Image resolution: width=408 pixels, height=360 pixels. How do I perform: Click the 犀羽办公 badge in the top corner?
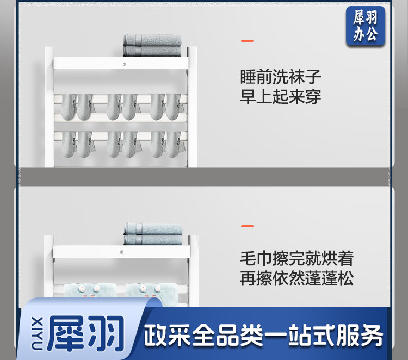366,26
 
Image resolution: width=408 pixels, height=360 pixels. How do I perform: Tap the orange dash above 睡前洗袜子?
247,41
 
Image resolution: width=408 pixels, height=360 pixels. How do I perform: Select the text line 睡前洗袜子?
280,77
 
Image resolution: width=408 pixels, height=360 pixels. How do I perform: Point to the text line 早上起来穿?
280,96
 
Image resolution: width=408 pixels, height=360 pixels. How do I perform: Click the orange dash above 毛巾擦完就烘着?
247,226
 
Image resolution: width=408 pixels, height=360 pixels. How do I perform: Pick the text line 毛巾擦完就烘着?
296,258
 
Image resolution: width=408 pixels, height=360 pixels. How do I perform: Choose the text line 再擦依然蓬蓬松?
296,278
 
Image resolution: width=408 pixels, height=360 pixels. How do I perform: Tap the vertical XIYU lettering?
37,333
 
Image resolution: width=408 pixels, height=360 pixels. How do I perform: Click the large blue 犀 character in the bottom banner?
66,333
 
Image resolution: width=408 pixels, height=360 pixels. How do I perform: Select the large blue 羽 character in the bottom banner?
106,333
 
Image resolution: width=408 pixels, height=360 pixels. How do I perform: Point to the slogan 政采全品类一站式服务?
263,336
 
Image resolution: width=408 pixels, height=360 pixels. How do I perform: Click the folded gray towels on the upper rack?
152,45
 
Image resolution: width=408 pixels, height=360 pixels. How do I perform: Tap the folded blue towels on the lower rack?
153,234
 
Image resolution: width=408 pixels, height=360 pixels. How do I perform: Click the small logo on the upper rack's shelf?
125,64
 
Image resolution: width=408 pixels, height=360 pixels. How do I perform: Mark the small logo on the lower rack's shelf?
122,252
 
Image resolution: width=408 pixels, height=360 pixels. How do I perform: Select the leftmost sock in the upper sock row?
69,107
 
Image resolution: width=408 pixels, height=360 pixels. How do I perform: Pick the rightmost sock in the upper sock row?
174,107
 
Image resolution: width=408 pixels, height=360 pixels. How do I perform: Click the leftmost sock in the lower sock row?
69,144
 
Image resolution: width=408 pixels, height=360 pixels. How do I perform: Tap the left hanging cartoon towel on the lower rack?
90,294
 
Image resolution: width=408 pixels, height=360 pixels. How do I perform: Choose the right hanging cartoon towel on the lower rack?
151,294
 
